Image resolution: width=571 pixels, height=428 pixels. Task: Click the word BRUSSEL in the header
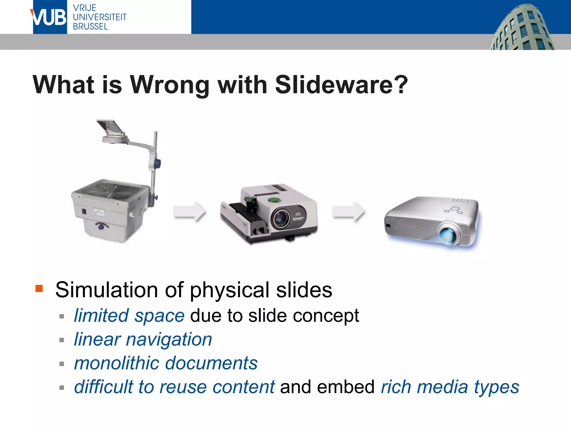click(90, 27)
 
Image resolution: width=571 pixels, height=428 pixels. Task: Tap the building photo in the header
click(521, 28)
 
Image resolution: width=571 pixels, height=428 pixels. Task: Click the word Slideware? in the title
click(341, 85)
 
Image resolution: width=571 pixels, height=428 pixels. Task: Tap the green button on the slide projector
click(274, 200)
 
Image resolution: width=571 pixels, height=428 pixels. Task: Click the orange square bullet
click(39, 288)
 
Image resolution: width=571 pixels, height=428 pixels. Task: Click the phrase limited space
click(129, 316)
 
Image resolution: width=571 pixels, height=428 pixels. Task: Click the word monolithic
click(117, 363)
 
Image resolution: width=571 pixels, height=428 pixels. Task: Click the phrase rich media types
click(450, 387)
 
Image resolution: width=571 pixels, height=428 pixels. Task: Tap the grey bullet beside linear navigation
click(62, 340)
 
